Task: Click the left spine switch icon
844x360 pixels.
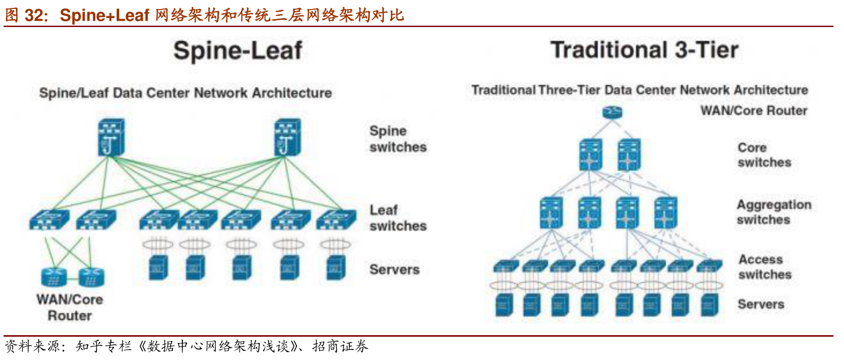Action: tap(111, 138)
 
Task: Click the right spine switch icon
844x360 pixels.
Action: tap(287, 138)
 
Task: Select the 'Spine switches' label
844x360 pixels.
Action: tap(398, 139)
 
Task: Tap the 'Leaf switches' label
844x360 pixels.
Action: tap(398, 218)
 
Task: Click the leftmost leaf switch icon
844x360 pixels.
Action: tap(49, 219)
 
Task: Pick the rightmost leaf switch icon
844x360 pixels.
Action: tap(336, 219)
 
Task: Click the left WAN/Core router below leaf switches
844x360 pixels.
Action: tap(54, 277)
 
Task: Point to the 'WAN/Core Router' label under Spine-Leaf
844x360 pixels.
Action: tap(69, 308)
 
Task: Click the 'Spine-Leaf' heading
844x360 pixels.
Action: tap(238, 51)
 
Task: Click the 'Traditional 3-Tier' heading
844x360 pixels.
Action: tap(644, 50)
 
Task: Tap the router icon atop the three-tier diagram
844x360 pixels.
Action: tap(612, 112)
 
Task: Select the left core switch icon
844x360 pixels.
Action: tap(591, 155)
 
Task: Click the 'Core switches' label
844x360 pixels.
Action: tap(764, 155)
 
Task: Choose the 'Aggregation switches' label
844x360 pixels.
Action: tap(773, 212)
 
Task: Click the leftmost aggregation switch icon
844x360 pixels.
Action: tap(551, 213)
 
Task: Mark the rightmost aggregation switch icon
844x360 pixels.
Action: tap(665, 213)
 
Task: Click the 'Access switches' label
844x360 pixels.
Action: tap(764, 267)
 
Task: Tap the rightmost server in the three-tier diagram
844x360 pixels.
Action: tap(709, 305)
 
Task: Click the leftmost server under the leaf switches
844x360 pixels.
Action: tap(159, 267)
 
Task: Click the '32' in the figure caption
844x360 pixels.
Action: tap(35, 15)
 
